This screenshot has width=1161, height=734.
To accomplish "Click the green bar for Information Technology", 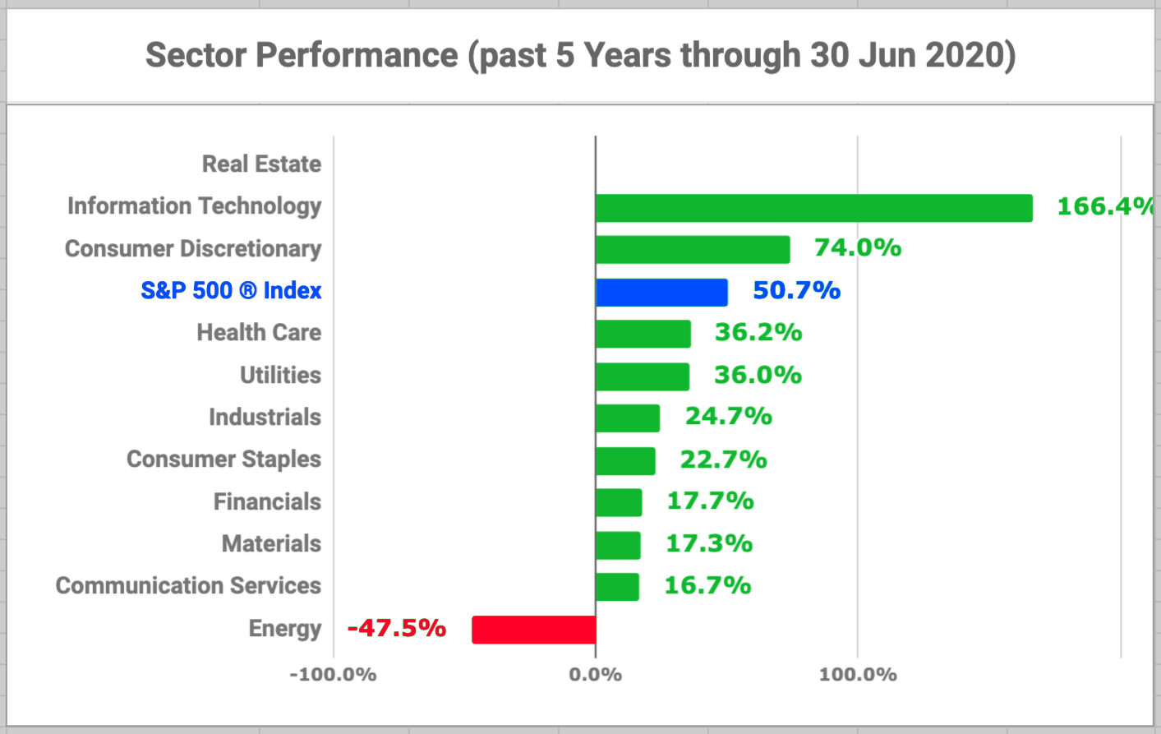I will [x=813, y=208].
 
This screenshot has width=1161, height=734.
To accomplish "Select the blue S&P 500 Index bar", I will [x=661, y=292].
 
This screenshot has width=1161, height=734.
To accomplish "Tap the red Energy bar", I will [x=534, y=630].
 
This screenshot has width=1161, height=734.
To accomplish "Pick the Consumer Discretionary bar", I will [x=693, y=249].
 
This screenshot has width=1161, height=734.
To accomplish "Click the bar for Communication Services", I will [x=617, y=587].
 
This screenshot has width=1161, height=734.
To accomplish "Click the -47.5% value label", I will [x=397, y=628].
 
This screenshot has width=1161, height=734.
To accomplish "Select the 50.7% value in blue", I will [x=796, y=290].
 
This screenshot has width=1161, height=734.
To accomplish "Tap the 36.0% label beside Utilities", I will [x=758, y=375].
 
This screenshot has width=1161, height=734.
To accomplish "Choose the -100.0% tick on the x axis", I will [x=333, y=675].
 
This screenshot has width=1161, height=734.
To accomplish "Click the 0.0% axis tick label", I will [x=595, y=675].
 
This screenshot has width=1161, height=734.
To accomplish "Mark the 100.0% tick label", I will [x=858, y=675].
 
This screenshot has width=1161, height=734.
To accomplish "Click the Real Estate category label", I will [x=261, y=164].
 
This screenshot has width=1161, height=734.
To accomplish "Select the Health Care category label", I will [x=259, y=332].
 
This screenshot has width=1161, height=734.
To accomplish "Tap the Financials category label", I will [x=267, y=501].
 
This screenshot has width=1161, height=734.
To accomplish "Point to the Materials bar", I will [x=618, y=545].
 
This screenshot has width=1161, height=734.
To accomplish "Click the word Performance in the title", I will [x=357, y=55].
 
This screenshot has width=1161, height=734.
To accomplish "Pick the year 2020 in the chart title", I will [x=965, y=55].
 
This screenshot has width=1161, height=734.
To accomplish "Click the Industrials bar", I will [x=628, y=418].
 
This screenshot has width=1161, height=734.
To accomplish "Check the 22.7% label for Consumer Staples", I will [x=723, y=459].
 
